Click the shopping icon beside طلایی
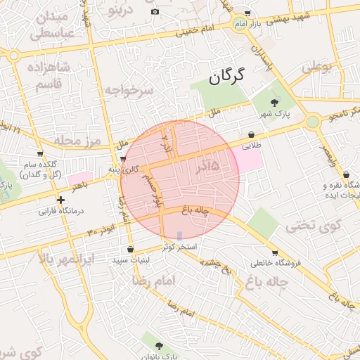click(x=252, y=134)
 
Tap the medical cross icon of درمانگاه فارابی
click(x=61, y=200)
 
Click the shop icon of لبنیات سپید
click(x=131, y=250)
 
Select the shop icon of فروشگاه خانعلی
click(x=274, y=253)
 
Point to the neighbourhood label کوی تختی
click(x=313, y=226)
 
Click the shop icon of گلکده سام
click(x=40, y=154)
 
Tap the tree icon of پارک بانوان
click(x=158, y=346)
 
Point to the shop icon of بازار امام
click(x=247, y=14)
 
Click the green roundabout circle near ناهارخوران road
click(x=313, y=121)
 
